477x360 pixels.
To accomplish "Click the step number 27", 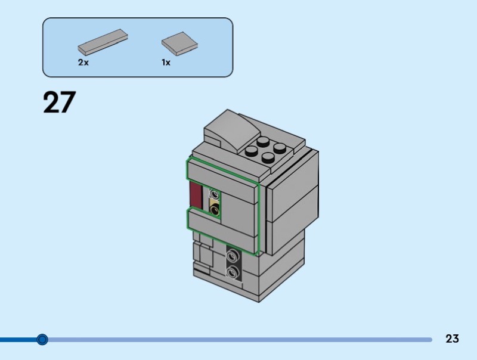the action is click(x=59, y=102).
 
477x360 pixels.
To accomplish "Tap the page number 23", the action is click(x=452, y=339).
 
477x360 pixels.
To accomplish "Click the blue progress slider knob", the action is click(x=42, y=339).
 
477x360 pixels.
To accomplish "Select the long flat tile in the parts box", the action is click(x=103, y=42).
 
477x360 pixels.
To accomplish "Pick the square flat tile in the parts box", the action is click(x=179, y=44).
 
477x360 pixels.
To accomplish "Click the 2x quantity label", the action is click(x=83, y=63).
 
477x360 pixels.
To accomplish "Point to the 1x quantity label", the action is click(x=166, y=63).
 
